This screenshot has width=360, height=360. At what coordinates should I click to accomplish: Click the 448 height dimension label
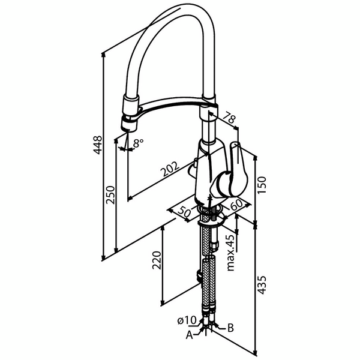point(98,145)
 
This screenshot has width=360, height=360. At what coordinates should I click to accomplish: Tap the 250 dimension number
point(110,195)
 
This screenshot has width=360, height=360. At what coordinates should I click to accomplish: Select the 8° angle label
point(138,143)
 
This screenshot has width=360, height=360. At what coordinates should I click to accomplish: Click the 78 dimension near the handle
point(229,118)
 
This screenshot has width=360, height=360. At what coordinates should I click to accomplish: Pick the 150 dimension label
point(262,185)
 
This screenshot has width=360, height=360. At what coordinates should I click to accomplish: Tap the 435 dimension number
point(262,285)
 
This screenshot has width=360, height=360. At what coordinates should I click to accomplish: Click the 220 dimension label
point(157,260)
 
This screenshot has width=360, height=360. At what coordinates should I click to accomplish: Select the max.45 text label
point(231,253)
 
